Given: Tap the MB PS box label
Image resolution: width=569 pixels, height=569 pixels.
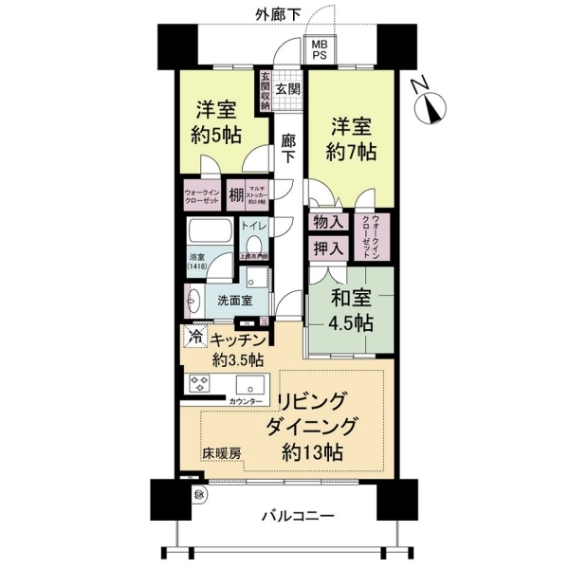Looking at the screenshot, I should (x=316, y=49).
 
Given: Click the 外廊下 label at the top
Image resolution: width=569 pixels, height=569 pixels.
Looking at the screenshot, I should (x=284, y=14).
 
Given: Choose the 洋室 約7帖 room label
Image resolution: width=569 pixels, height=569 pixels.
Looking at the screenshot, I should (x=354, y=137).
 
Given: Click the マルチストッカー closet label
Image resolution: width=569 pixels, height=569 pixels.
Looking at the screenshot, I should (x=258, y=194).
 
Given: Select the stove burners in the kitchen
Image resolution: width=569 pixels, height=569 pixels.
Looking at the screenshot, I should (x=200, y=384).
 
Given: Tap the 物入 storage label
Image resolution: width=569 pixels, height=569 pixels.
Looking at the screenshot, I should (x=328, y=222).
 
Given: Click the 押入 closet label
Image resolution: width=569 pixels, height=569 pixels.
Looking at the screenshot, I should (x=328, y=248).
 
